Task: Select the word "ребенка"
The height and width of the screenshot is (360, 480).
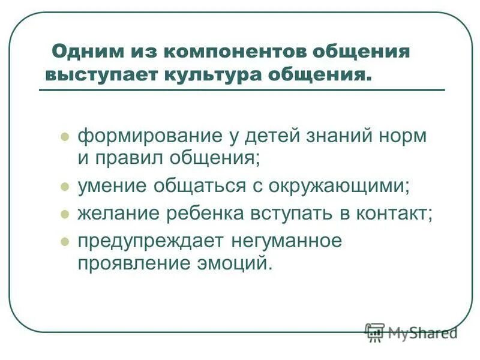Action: coord(194,214)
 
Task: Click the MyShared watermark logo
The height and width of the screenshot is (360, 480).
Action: coord(411,332)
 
